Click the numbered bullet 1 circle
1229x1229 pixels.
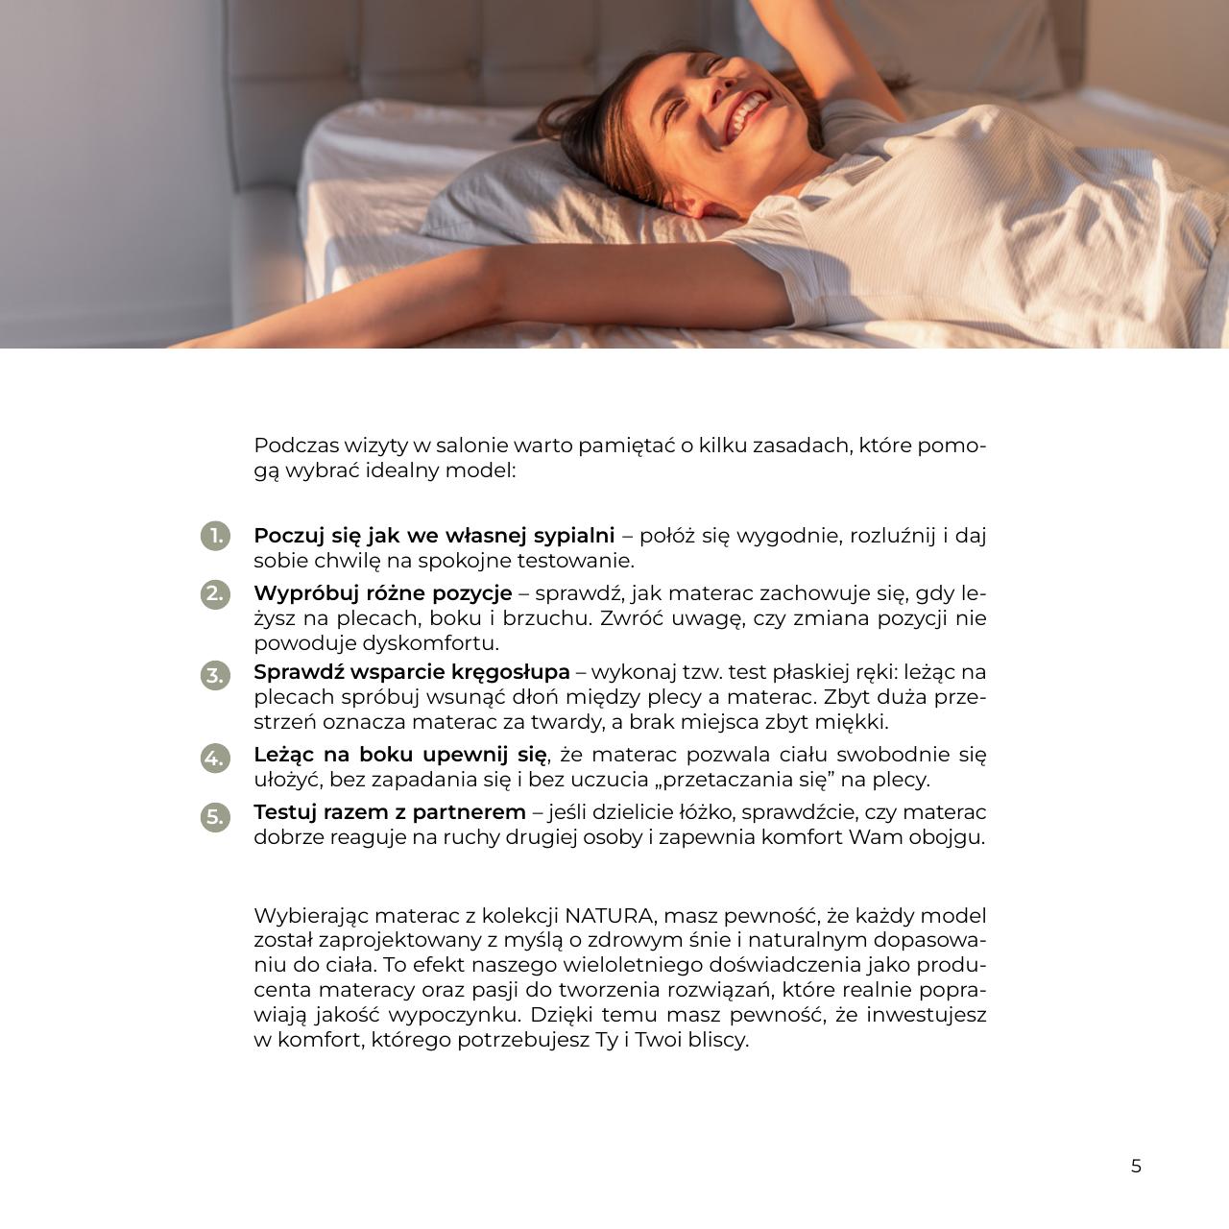click(x=215, y=536)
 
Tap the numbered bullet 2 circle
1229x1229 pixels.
click(x=215, y=594)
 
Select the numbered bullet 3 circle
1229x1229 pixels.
click(x=215, y=675)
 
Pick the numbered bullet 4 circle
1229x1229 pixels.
click(x=215, y=758)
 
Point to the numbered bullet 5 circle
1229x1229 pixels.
click(x=215, y=816)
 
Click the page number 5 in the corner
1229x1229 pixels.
click(x=1136, y=1167)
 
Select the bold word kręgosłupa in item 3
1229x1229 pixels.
click(x=510, y=672)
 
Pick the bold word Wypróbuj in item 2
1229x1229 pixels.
click(x=299, y=593)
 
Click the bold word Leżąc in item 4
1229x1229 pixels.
click(x=285, y=756)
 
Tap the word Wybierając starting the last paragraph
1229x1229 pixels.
click(x=311, y=916)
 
